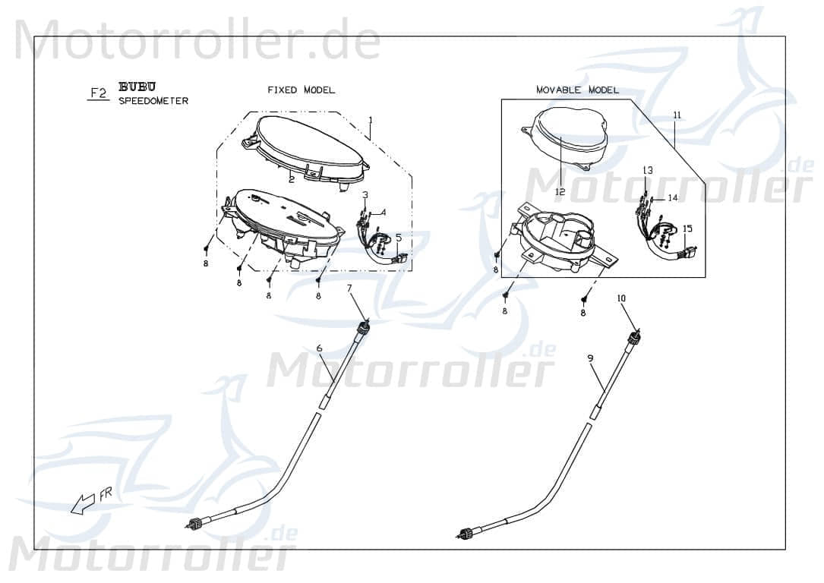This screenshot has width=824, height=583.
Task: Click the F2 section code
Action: pos(98,93)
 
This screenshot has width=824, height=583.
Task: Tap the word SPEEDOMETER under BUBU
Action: pos(153,101)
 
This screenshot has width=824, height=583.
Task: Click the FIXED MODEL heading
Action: pos(301,90)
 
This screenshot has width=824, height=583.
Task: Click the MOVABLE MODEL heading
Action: pos(577,90)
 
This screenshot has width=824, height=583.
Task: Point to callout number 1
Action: pos(370,120)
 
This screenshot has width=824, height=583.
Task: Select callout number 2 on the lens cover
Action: pos(291,179)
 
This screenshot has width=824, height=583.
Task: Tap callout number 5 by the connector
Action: pos(398,238)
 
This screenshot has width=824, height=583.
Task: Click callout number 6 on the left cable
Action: pos(320,348)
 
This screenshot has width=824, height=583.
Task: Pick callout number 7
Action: pos(349,288)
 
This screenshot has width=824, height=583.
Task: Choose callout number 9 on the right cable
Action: pos(590,357)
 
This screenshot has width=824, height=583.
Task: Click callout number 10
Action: pos(621,298)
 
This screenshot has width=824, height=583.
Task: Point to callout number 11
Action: pos(677,115)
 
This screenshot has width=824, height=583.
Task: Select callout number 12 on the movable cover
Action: pos(560,192)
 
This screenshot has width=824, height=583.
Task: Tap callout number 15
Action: pos(687,228)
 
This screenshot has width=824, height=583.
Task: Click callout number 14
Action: pos(672,197)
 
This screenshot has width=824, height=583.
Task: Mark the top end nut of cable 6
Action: pos(365,326)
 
